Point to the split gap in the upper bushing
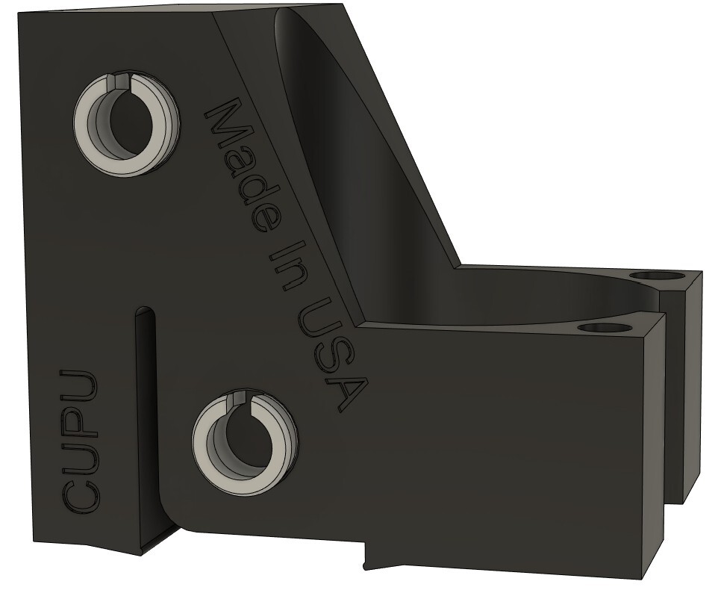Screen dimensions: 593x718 pyautogui.click(x=113, y=81)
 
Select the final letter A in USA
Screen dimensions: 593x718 pyautogui.click(x=348, y=392)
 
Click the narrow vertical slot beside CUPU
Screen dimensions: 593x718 pyautogui.click(x=146, y=418)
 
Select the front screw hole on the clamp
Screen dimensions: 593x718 pyautogui.click(x=601, y=327)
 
